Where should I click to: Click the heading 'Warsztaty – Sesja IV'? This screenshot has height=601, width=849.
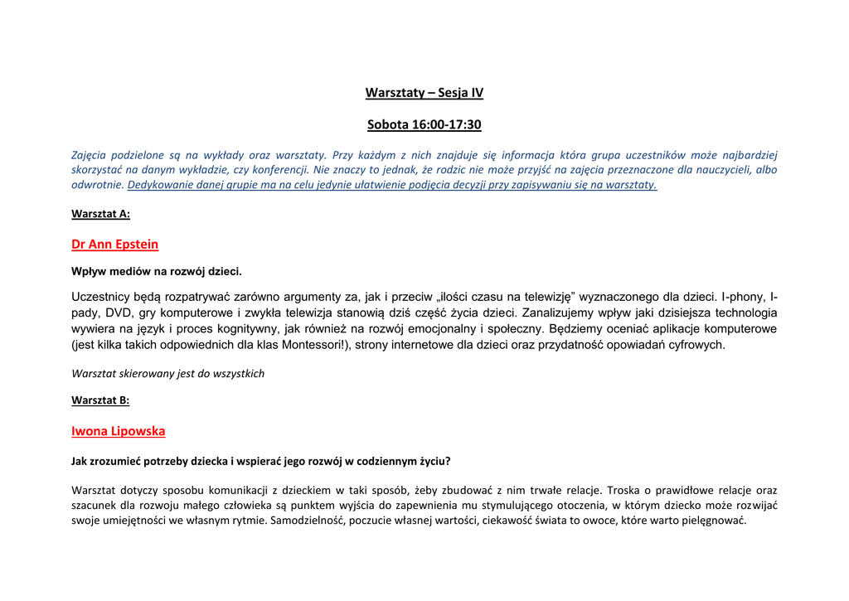coord(424,93)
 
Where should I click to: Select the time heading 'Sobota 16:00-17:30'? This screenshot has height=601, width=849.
coord(424,125)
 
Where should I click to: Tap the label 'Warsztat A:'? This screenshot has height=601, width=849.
coord(100,214)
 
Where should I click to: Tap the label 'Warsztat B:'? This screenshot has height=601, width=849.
coord(100,400)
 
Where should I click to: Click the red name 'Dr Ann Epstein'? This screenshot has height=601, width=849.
coord(114,245)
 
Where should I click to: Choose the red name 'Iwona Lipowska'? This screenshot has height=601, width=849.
coord(119,431)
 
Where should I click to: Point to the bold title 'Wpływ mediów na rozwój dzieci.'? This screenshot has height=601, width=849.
coord(156,271)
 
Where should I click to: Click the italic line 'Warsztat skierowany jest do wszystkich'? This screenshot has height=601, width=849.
coord(167,374)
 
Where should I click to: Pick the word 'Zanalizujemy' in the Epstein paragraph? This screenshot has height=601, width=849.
coord(559,313)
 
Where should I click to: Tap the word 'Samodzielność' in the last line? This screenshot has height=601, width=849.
coord(308,521)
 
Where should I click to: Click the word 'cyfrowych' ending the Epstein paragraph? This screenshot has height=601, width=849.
coord(696,345)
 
